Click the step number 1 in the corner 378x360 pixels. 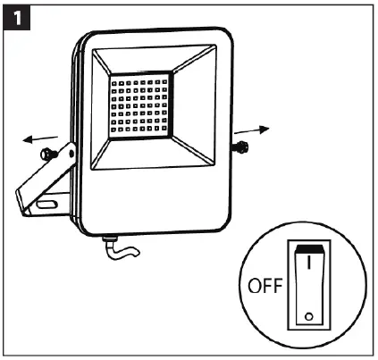(17, 18)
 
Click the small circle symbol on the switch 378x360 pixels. (307, 314)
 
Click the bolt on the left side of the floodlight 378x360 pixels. (55, 154)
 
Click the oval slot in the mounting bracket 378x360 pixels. (46, 205)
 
